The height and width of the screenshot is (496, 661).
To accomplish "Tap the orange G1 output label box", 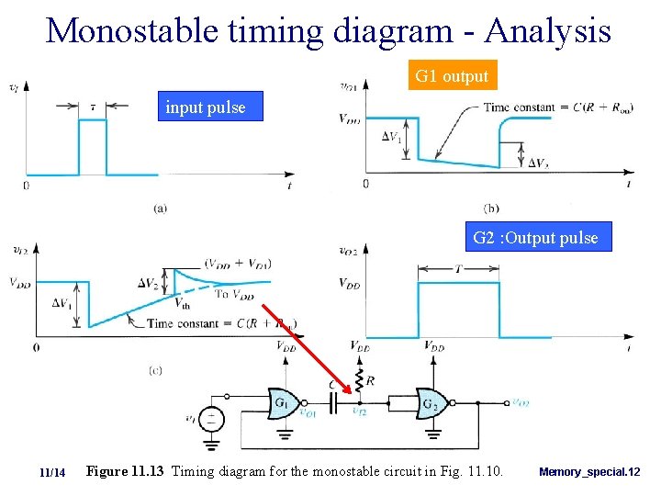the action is (452, 76).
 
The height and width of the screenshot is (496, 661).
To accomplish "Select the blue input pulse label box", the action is (206, 107).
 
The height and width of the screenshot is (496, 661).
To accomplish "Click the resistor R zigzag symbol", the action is (359, 378).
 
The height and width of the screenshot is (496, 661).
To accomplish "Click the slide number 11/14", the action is (53, 472).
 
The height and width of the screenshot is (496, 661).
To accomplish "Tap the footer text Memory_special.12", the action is (589, 472).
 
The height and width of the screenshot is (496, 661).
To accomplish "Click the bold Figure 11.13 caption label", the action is (124, 471).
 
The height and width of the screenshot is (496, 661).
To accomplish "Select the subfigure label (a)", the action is (160, 209).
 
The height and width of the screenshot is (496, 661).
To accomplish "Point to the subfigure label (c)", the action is (155, 369).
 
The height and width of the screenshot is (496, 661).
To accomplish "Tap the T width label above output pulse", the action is (458, 268).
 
